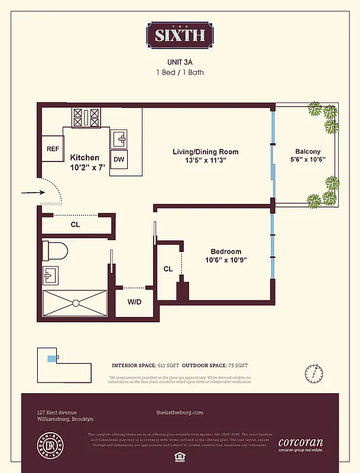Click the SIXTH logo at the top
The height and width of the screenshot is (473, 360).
pyautogui.click(x=180, y=34)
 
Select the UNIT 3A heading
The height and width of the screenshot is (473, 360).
pyautogui.click(x=180, y=61)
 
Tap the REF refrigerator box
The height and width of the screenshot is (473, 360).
pyautogui.click(x=53, y=149)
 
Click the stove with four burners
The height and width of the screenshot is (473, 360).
pyautogui.click(x=86, y=118)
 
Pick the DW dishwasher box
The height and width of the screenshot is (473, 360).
pyautogui.click(x=119, y=159)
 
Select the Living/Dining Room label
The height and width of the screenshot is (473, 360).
pyautogui.click(x=205, y=152)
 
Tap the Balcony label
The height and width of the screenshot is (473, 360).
pyautogui.click(x=307, y=151)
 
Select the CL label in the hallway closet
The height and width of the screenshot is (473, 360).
pyautogui.click(x=75, y=225)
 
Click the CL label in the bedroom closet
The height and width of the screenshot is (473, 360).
pyautogui.click(x=168, y=269)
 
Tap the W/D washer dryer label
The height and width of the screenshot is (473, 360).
pyautogui.click(x=135, y=302)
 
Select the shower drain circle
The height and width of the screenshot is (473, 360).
pyautogui.click(x=75, y=303)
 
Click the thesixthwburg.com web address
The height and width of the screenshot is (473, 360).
pyautogui.click(x=180, y=412)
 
